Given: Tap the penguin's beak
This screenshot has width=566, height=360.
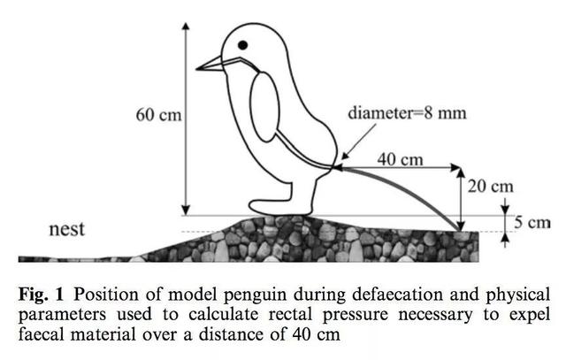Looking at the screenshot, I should pos(210,64).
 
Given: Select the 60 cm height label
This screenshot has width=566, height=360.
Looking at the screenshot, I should pos(157,115).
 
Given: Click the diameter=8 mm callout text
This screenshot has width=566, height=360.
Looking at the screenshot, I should pos(406,113).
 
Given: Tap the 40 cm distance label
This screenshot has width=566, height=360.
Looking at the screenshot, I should pos(399,159).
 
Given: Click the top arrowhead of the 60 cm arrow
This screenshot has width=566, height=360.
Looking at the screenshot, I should pos(187,23).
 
